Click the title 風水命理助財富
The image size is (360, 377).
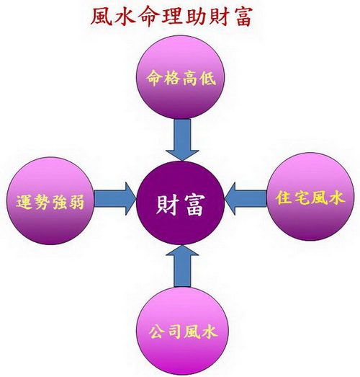click(x=171, y=17)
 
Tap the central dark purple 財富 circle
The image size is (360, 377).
click(x=181, y=203)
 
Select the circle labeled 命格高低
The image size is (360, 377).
click(x=181, y=78)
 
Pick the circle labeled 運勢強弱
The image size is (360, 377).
click(x=50, y=201)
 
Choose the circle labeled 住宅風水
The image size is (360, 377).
click(x=310, y=197)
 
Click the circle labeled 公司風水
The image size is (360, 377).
click(x=182, y=331)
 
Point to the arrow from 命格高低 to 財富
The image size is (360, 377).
click(x=182, y=140)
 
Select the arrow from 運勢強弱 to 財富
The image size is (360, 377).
click(x=115, y=199)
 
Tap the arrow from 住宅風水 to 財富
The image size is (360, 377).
click(x=246, y=199)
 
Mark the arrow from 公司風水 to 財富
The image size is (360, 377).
click(x=182, y=266)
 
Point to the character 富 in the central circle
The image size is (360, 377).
click(x=195, y=205)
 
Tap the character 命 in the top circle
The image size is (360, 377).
click(x=153, y=77)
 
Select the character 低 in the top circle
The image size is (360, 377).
click(x=208, y=77)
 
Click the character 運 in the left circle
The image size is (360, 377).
click(x=24, y=202)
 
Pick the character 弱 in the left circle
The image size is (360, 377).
click(x=76, y=202)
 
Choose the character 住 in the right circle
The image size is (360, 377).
click(x=284, y=198)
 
